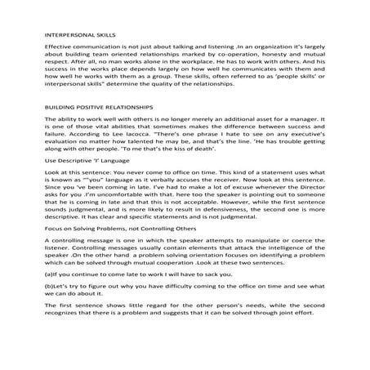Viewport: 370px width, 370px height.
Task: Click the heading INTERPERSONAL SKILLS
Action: pyautogui.click(x=80, y=35)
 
